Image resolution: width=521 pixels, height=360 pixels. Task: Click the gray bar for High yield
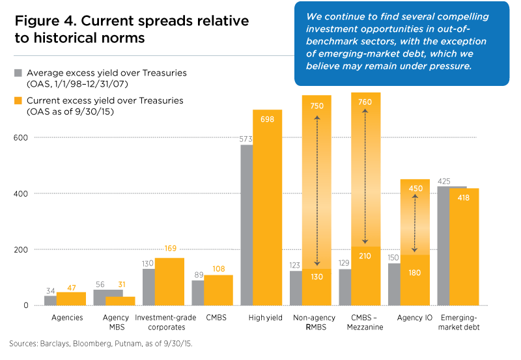tap(247, 225)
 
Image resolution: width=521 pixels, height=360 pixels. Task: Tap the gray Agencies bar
tap(50, 300)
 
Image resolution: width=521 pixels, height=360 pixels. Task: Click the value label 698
tap(267, 119)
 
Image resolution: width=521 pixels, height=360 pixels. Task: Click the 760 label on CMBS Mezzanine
tap(365, 102)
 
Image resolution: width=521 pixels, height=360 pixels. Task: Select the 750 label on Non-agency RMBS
tap(317, 105)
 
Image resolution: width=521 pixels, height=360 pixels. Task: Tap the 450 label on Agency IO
tap(415, 188)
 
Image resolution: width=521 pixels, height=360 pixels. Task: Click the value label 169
tap(169, 249)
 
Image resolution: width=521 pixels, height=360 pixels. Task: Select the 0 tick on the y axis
tap(27, 305)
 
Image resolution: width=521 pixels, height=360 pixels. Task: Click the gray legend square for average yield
tap(18, 73)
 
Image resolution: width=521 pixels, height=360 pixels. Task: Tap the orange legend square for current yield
tap(18, 101)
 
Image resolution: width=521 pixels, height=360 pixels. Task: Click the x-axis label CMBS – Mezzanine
tap(365, 322)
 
